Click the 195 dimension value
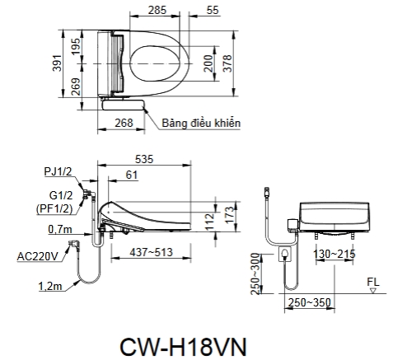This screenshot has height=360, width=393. point(76,46)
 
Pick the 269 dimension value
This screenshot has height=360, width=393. point(76,86)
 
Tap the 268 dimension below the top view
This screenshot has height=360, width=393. point(123,123)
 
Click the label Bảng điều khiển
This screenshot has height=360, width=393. point(200,123)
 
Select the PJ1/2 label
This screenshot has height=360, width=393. point(57,171)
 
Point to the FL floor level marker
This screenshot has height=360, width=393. point(373,281)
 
